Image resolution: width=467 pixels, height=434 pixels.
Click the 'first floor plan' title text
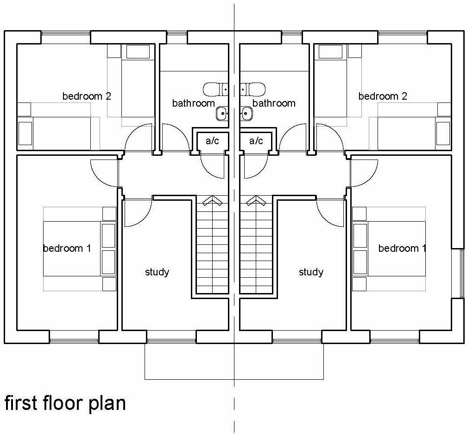point(65,402)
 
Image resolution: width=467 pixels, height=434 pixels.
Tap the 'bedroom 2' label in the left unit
point(87,96)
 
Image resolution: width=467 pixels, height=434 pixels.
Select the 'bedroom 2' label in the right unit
point(383,96)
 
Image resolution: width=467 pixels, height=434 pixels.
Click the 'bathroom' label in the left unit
point(193,103)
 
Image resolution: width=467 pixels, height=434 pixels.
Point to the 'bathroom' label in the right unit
point(274,103)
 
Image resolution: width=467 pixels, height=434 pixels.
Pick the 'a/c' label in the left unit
point(212,141)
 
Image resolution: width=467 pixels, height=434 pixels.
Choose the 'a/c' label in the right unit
point(256,141)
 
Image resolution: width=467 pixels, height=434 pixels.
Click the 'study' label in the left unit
point(157,272)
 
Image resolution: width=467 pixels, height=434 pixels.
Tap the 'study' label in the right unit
point(311,272)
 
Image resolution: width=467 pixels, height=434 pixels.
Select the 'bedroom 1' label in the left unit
point(67,248)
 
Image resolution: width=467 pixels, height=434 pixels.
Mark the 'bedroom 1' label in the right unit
point(402,248)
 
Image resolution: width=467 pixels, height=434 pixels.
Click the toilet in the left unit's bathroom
point(215,88)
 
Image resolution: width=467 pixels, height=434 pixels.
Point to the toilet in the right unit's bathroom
point(252,88)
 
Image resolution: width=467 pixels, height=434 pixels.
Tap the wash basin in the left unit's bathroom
point(222,113)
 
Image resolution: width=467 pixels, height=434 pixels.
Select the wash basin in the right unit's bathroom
point(246,113)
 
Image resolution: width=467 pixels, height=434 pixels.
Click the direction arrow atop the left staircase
point(212,200)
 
